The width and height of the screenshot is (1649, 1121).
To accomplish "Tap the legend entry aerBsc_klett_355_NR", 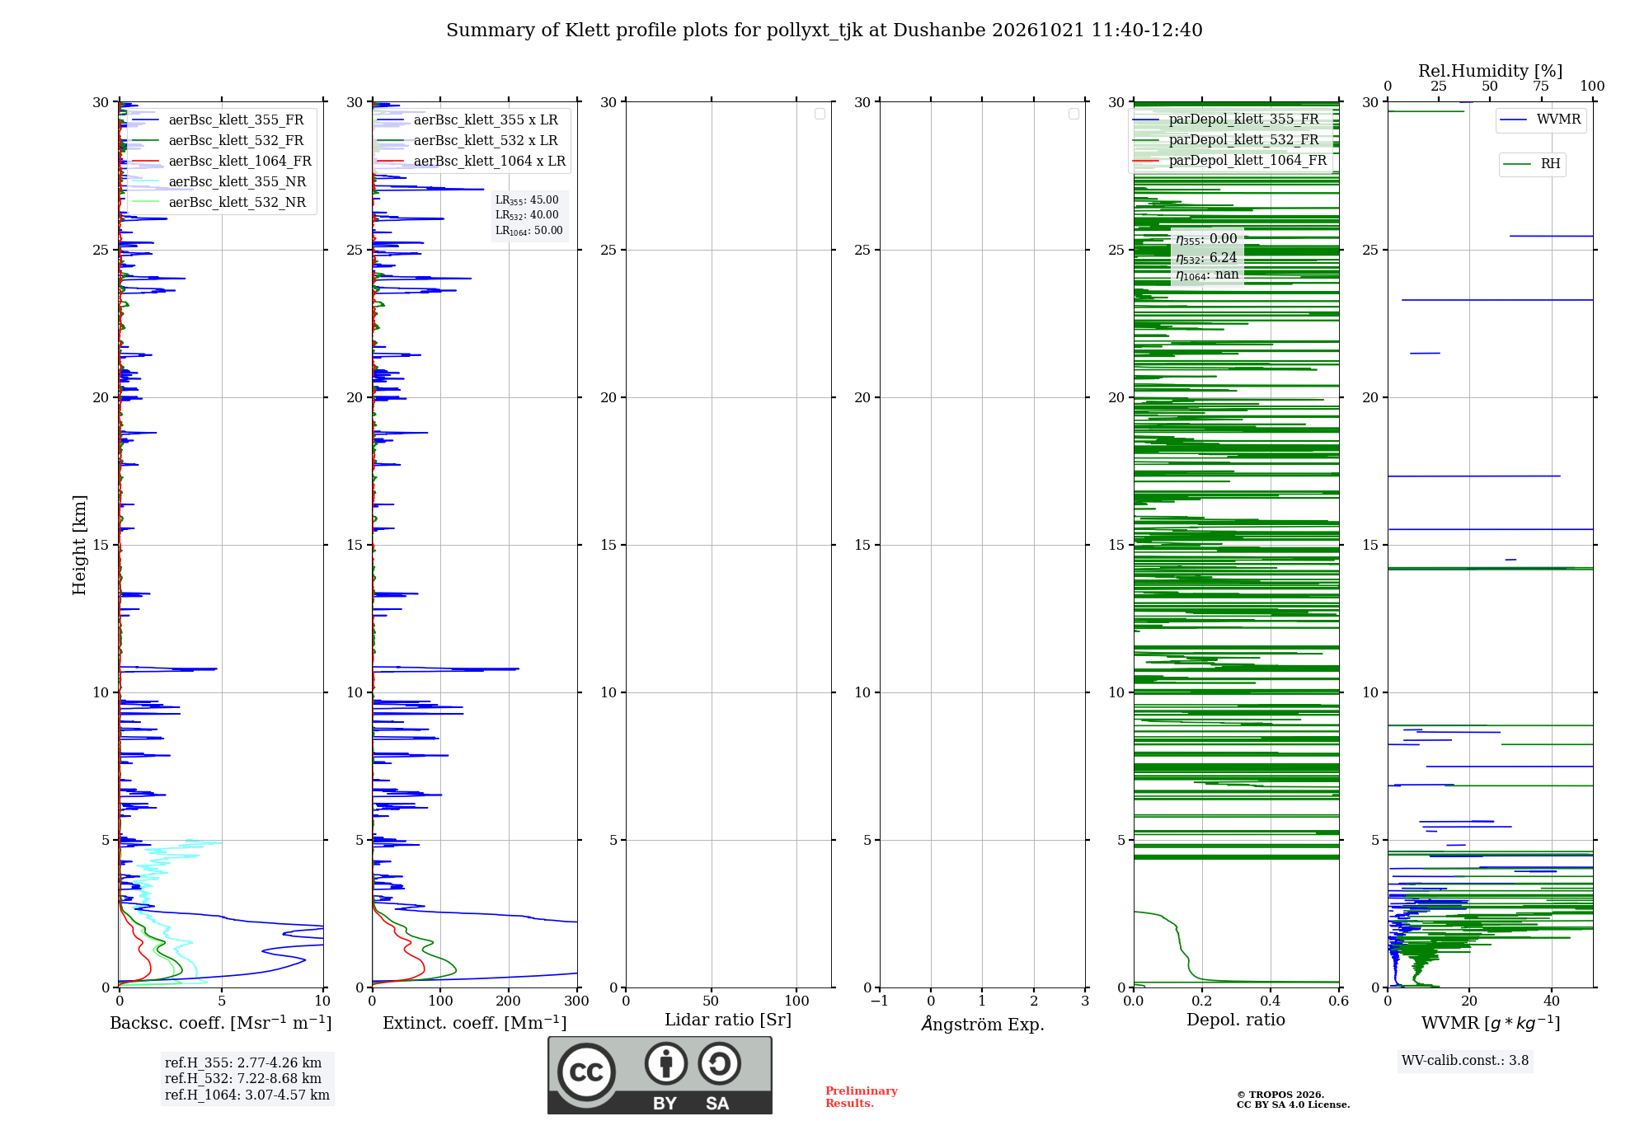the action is tap(219, 182).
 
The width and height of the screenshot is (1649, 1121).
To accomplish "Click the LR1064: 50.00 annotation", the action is tap(529, 231).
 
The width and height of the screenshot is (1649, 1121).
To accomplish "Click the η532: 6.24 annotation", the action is tap(1206, 257).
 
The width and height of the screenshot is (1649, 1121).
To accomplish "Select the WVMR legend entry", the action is tap(1540, 120).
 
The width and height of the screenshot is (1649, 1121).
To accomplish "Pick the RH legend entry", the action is tap(1532, 164).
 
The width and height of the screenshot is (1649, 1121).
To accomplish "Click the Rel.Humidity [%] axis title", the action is tap(1490, 71).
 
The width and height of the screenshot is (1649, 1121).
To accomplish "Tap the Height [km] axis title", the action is tap(79, 545).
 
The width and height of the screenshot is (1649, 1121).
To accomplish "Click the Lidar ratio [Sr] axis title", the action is tap(728, 1020).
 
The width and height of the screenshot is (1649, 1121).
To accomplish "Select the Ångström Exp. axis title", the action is tap(983, 1024).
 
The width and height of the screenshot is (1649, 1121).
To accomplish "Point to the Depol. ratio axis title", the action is tap(1236, 1020).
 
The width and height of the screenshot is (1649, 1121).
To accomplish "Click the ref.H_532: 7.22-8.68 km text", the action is tap(243, 1079).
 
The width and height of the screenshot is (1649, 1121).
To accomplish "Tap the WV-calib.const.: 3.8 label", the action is tap(1465, 1061).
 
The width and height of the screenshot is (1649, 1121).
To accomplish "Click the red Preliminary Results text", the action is tap(862, 1097).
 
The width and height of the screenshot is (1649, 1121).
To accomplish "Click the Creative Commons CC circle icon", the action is tap(586, 1072).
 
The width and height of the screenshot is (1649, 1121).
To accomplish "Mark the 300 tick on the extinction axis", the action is tap(577, 1001).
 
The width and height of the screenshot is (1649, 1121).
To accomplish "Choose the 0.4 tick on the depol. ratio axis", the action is tap(1271, 1001).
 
